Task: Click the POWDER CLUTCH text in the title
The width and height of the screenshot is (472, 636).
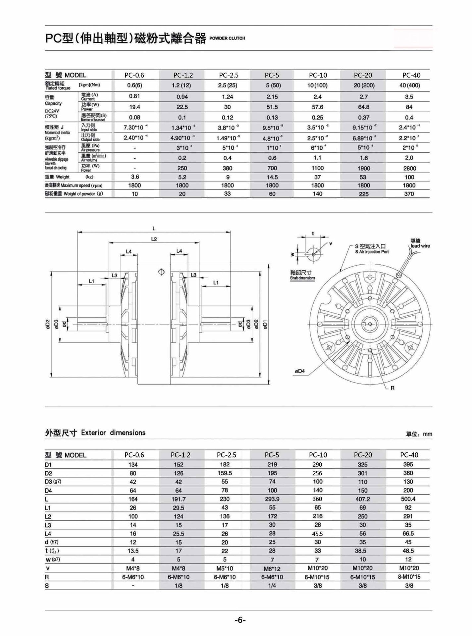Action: pyautogui.click(x=227, y=38)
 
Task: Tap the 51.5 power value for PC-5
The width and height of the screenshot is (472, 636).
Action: pyautogui.click(x=272, y=107)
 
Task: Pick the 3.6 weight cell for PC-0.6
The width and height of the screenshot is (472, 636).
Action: pyautogui.click(x=135, y=177)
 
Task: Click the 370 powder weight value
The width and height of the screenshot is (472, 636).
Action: pyautogui.click(x=409, y=194)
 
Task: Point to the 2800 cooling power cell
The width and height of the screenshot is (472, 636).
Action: pyautogui.click(x=409, y=168)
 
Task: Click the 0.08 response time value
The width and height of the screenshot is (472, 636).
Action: pyautogui.click(x=134, y=117)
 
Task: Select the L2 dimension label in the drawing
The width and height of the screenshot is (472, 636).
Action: pyautogui.click(x=154, y=239)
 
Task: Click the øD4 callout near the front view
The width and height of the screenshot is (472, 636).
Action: pyautogui.click(x=299, y=371)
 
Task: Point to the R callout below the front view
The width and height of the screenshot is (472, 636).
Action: pyautogui.click(x=393, y=388)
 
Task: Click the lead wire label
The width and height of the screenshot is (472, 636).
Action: pyautogui.click(x=420, y=246)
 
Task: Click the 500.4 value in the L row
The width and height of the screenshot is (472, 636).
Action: pyautogui.click(x=408, y=499)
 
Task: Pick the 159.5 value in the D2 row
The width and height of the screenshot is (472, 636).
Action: pyautogui.click(x=225, y=473)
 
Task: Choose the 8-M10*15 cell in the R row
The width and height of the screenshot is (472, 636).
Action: pyautogui.click(x=409, y=577)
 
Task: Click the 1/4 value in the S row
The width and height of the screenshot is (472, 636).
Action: pyautogui.click(x=272, y=585)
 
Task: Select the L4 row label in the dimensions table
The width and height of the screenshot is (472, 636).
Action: pyautogui.click(x=49, y=534)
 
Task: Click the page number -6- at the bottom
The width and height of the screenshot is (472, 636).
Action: pyautogui.click(x=240, y=620)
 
